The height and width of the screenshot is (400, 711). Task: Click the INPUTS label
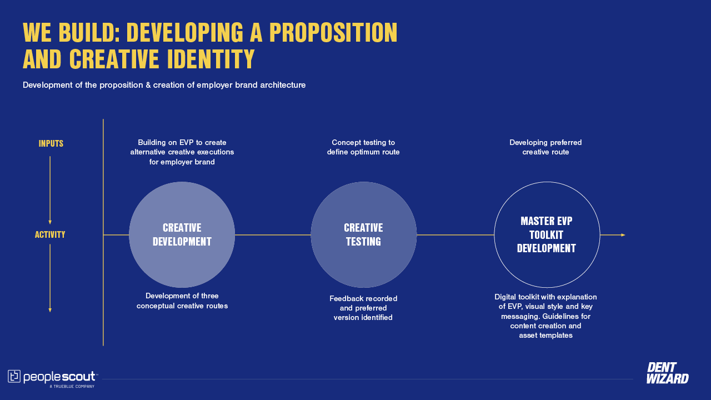pyautogui.click(x=51, y=143)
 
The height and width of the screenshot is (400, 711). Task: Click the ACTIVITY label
pyautogui.click(x=50, y=234)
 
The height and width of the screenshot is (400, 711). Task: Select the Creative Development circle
pyautogui.click(x=182, y=235)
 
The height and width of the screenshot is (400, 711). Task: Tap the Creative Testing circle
pyautogui.click(x=363, y=235)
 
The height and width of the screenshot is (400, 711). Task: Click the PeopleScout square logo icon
pyautogui.click(x=14, y=376)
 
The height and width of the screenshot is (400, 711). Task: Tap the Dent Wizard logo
pyautogui.click(x=668, y=373)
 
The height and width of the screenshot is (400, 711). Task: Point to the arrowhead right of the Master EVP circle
pyautogui.click(x=623, y=235)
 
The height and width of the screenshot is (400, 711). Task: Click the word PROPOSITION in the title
pyautogui.click(x=333, y=32)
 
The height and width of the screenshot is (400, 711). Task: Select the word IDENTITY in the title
pyautogui.click(x=211, y=59)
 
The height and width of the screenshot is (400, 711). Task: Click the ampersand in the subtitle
pyautogui.click(x=148, y=85)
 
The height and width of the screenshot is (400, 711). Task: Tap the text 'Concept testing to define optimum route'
pyautogui.click(x=363, y=147)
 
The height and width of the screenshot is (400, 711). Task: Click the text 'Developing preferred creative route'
pyautogui.click(x=545, y=147)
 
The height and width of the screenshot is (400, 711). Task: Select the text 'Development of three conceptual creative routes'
pyautogui.click(x=182, y=301)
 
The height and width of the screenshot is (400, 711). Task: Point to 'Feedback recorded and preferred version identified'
pyautogui.click(x=363, y=308)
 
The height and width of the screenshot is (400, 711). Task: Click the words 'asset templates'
pyautogui.click(x=545, y=335)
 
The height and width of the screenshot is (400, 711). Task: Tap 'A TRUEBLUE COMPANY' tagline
pyautogui.click(x=72, y=386)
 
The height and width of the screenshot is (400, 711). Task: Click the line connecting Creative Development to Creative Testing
pyautogui.click(x=273, y=235)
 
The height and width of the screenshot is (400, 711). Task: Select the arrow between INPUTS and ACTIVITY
pyautogui.click(x=50, y=190)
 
